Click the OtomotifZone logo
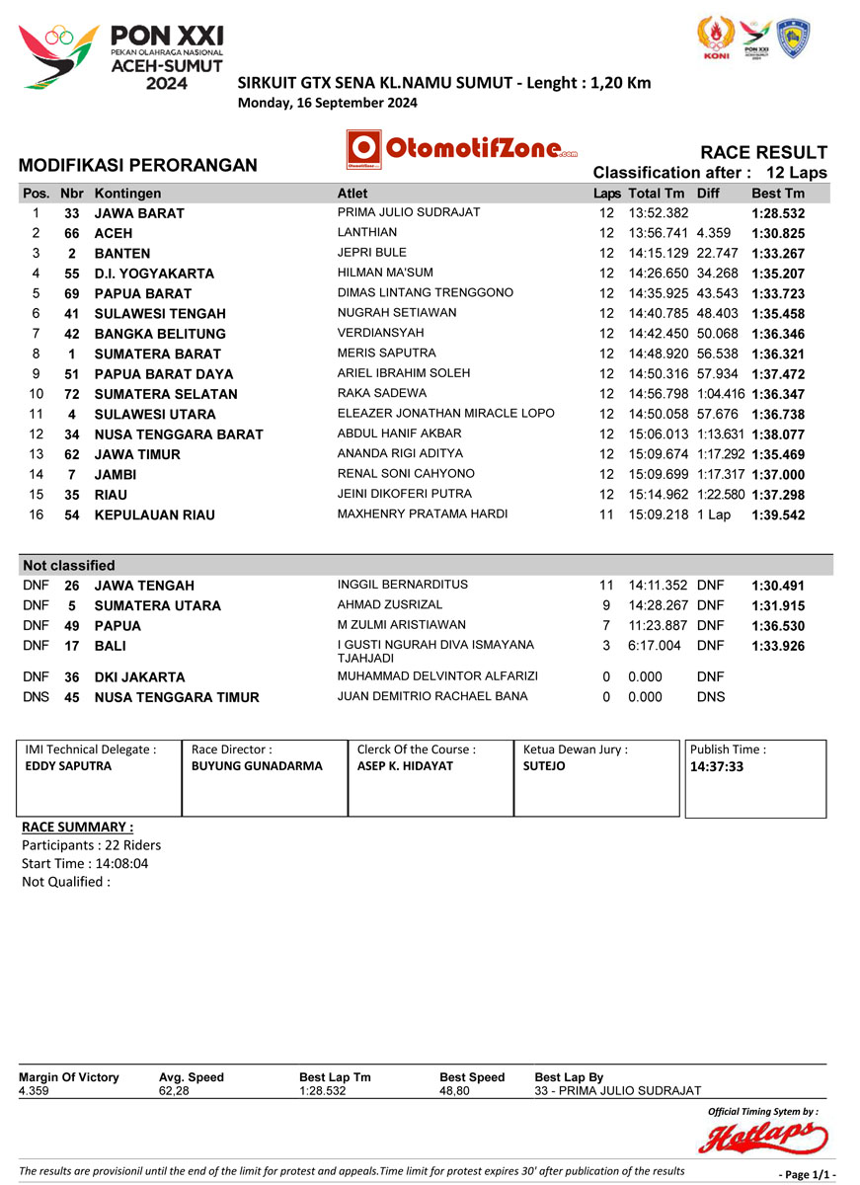click(x=462, y=149)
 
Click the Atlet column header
click(x=352, y=194)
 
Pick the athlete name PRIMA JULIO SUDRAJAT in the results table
click(x=409, y=212)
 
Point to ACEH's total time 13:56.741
click(x=659, y=233)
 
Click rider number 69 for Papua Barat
click(x=71, y=293)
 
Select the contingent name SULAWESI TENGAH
click(x=160, y=314)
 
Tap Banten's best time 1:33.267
click(x=778, y=253)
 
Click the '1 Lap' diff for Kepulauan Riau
click(x=714, y=514)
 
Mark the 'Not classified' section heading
click(x=69, y=566)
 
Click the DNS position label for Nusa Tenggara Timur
click(x=35, y=697)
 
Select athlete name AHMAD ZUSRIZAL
click(x=390, y=604)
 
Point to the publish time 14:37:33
click(x=717, y=765)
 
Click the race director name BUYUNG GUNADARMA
click(x=243, y=765)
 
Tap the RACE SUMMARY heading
click(x=77, y=827)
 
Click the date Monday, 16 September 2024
click(x=328, y=102)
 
